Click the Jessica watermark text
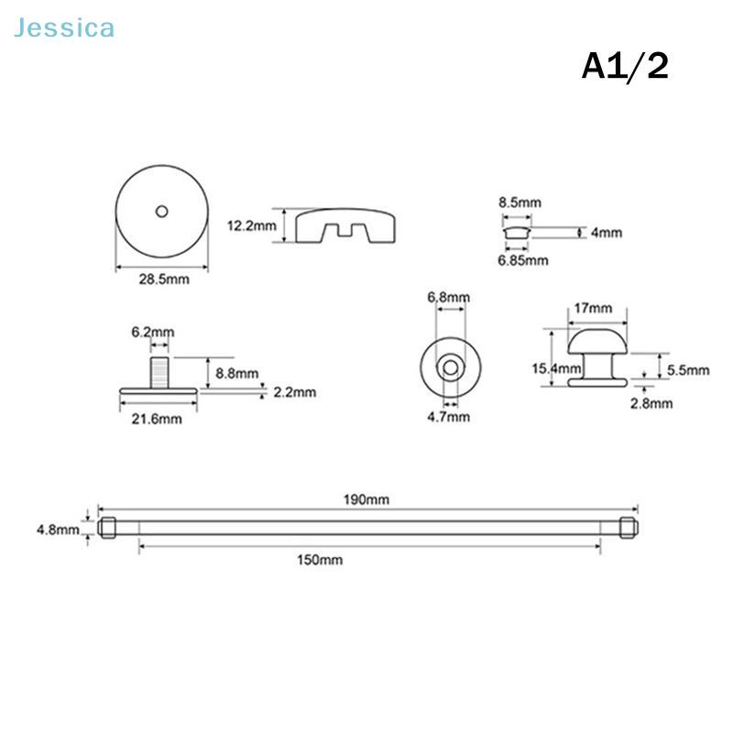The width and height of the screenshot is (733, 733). coord(64,28)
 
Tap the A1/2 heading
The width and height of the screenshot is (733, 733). coord(625,66)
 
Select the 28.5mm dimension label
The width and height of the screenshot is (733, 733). coord(164,279)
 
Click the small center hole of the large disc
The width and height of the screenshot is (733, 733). coord(162,212)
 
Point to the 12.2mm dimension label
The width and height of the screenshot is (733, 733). coord(251,225)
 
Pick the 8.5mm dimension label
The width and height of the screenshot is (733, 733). coord(520,202)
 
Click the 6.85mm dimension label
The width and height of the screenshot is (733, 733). coord(522,260)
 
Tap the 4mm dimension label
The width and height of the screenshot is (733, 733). coord(607,233)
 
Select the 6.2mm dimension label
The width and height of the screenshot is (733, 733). coord(153,332)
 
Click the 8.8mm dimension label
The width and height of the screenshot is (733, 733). coord(237,374)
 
